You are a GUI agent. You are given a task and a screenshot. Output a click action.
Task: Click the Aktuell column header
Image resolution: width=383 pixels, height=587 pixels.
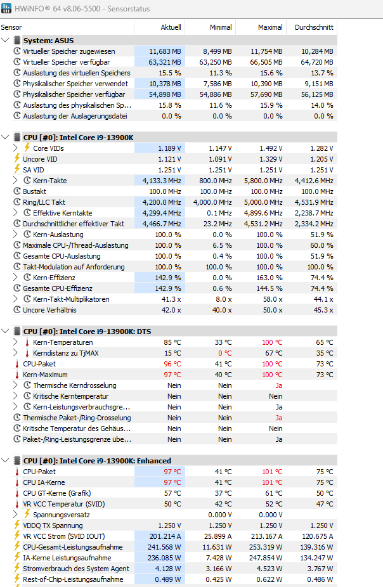(x=171, y=27)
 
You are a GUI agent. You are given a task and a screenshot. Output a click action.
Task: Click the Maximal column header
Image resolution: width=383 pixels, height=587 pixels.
(x=270, y=27)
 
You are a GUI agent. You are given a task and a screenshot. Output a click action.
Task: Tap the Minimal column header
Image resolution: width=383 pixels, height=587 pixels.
(x=221, y=27)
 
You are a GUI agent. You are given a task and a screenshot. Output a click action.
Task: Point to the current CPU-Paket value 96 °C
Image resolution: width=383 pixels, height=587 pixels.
(x=172, y=364)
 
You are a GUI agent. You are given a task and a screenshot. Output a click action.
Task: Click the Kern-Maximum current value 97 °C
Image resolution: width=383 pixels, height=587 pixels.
(x=172, y=375)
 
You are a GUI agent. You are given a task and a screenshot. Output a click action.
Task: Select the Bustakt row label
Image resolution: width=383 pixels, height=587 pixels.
(x=34, y=191)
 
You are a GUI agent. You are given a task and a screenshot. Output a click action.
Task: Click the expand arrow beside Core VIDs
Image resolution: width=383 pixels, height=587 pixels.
(x=16, y=148)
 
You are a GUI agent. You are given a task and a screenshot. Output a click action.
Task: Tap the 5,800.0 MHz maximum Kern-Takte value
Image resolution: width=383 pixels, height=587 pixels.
(x=263, y=181)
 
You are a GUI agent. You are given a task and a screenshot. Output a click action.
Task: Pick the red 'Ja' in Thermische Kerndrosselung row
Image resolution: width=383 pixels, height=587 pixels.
(x=278, y=385)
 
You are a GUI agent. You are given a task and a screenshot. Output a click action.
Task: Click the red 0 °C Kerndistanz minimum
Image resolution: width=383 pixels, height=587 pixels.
(x=224, y=353)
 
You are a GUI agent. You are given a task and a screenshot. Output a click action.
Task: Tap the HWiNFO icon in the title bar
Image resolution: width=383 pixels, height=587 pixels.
(x=7, y=7)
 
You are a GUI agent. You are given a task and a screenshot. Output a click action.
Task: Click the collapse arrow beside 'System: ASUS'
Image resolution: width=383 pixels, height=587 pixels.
(x=6, y=41)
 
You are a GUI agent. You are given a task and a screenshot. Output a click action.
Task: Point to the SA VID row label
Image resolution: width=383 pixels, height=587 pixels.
(x=33, y=170)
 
